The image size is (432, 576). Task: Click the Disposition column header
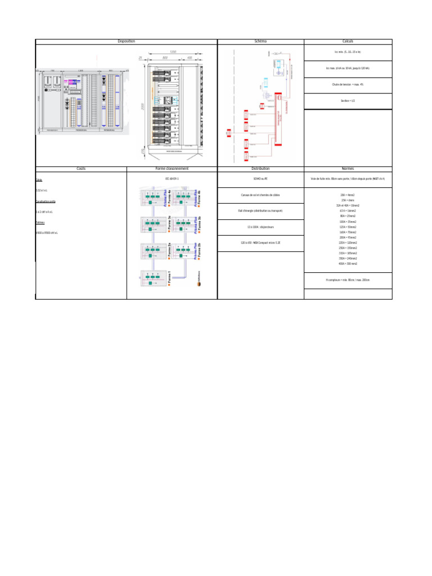tap(126, 42)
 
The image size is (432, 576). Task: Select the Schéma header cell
tap(260, 42)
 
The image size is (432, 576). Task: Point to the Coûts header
tap(81, 168)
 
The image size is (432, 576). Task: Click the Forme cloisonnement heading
tap(172, 168)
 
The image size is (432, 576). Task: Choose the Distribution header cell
tap(260, 168)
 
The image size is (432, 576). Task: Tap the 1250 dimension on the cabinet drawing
tap(173, 52)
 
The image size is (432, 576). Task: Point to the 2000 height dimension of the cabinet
tap(143, 107)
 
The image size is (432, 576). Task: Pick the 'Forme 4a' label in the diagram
tap(169, 199)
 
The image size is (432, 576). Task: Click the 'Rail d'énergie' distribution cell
tap(260, 210)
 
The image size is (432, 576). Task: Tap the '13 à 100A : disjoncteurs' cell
tap(260, 227)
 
